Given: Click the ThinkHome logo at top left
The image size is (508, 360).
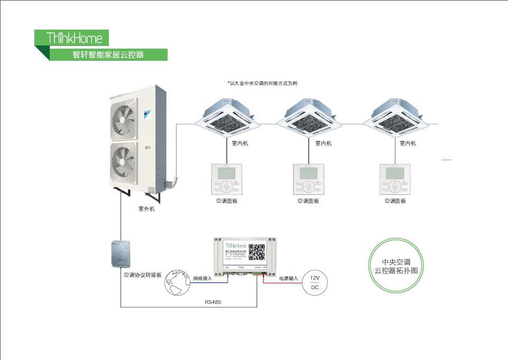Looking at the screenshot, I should pyautogui.click(x=72, y=38).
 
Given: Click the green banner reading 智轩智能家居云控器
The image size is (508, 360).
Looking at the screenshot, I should pyautogui.click(x=108, y=54).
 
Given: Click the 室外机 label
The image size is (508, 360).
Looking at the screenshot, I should pyautogui.click(x=146, y=209).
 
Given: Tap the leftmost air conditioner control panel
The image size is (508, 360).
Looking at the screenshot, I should pyautogui.click(x=226, y=180).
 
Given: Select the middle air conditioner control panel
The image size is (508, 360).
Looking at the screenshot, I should pyautogui.click(x=308, y=180).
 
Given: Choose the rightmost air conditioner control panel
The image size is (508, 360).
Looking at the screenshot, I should pyautogui.click(x=395, y=180).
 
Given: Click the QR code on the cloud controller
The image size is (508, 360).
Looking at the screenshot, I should pyautogui.click(x=257, y=252).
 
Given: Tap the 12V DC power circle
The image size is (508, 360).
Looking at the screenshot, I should pyautogui.click(x=315, y=282).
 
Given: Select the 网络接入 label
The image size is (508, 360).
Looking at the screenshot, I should pyautogui.click(x=202, y=278).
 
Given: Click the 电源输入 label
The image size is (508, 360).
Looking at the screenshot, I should pyautogui.click(x=288, y=278).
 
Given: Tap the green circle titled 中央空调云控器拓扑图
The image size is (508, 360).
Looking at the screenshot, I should pyautogui.click(x=396, y=266).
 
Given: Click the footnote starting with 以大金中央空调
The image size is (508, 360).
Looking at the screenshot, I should pyautogui.click(x=262, y=84).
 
